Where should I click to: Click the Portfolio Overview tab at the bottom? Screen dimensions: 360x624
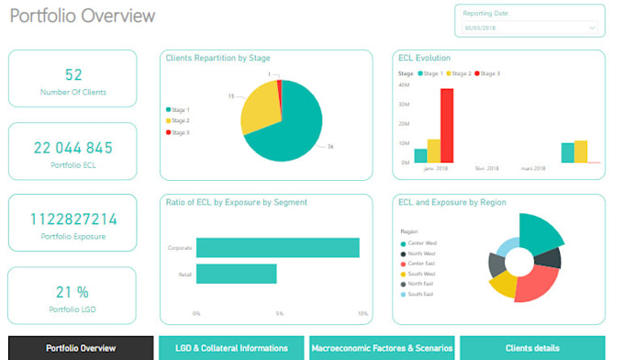point(81,348)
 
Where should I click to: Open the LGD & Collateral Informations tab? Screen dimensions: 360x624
point(231,348)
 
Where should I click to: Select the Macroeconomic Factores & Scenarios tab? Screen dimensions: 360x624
point(382,348)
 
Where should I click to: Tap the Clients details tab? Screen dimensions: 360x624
point(532,348)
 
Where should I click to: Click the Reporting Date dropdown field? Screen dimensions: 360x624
point(529,28)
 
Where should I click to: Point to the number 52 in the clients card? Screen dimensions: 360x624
point(72,74)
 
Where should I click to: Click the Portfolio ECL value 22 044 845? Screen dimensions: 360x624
point(72,147)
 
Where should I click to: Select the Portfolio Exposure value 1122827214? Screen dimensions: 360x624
point(72,219)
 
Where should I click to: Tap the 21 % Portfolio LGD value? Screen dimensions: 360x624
point(72,292)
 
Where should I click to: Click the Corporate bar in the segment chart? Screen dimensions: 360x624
point(277,248)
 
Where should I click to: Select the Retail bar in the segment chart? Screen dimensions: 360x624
point(236,274)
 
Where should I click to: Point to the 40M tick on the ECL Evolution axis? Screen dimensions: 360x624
point(404,84)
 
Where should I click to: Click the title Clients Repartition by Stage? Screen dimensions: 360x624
point(217,58)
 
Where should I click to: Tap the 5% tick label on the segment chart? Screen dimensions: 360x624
point(279,313)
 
